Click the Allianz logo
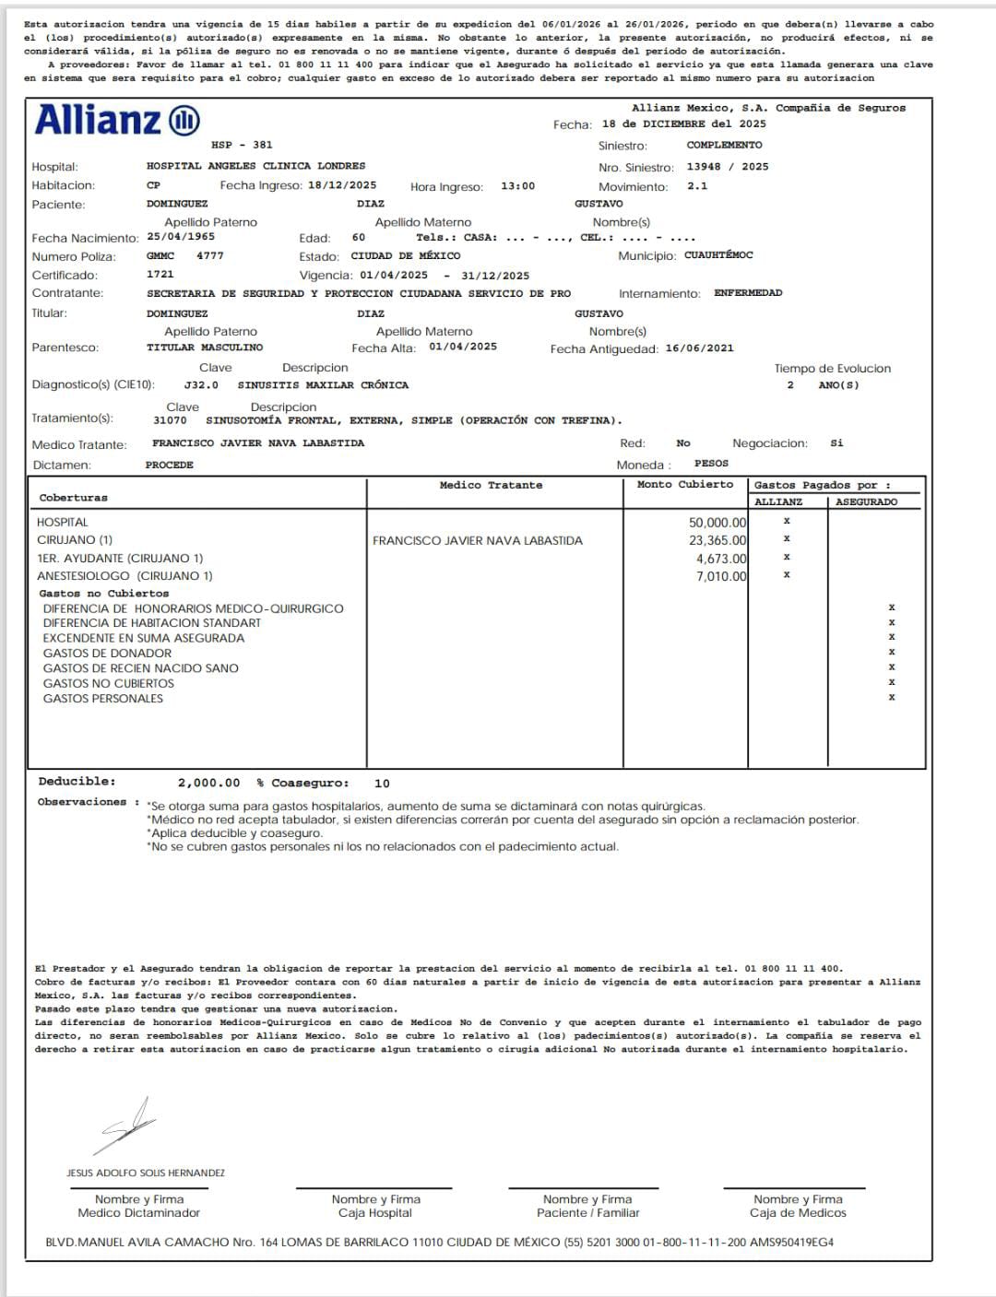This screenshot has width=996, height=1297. pyautogui.click(x=117, y=121)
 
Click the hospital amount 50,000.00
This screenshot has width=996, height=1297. pyautogui.click(x=717, y=523)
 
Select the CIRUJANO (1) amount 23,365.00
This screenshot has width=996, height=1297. pyautogui.click(x=717, y=541)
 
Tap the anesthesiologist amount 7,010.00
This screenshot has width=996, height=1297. pyautogui.click(x=721, y=577)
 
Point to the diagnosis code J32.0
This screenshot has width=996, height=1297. pyautogui.click(x=201, y=385)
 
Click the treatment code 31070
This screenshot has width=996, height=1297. pyautogui.click(x=170, y=420)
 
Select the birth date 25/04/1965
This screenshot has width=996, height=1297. pyautogui.click(x=181, y=237)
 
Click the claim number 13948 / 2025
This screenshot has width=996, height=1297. pyautogui.click(x=727, y=167)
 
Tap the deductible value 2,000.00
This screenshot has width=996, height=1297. pyautogui.click(x=208, y=783)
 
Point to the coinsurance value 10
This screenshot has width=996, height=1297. pyautogui.click(x=382, y=784)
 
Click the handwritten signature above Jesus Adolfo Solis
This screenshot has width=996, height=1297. pyautogui.click(x=129, y=1125)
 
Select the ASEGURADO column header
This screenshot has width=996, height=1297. pyautogui.click(x=866, y=502)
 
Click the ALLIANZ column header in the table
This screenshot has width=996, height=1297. pyautogui.click(x=778, y=502)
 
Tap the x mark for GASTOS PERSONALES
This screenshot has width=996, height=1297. pyautogui.click(x=892, y=698)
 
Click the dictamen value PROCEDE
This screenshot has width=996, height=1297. pyautogui.click(x=170, y=466)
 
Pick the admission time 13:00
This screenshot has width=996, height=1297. pyautogui.click(x=517, y=186)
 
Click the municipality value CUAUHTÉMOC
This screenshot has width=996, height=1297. pyautogui.click(x=718, y=255)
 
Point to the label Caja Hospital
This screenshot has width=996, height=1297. pyautogui.click(x=375, y=1213)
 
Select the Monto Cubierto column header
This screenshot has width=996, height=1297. pyautogui.click(x=685, y=485)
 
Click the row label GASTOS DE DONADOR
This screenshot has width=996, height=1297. pyautogui.click(x=107, y=654)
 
